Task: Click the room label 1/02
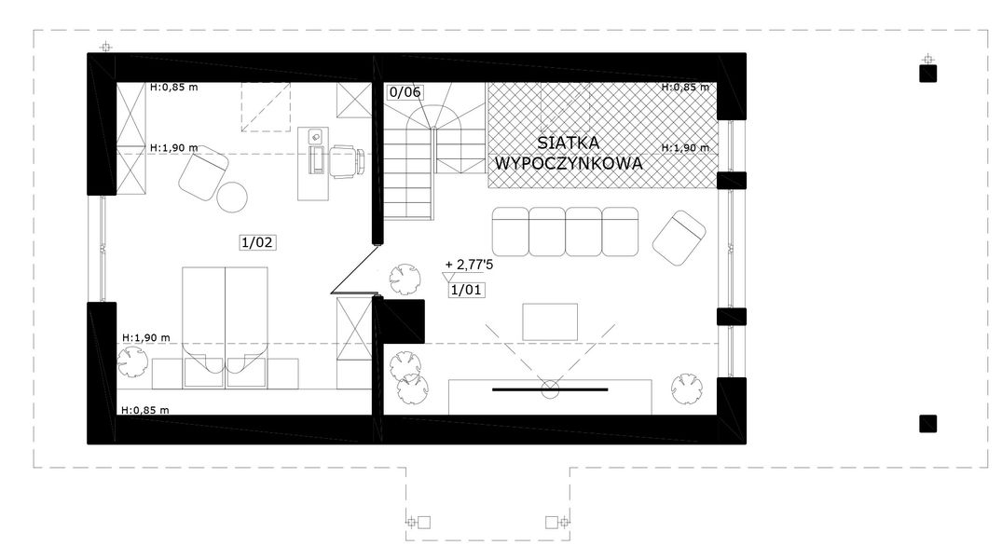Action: point(258,242)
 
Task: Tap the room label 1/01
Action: point(466,290)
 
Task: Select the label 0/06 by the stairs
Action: point(405,92)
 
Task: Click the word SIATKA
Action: point(568,142)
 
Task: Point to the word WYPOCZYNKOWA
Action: point(568,164)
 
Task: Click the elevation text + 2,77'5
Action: point(469,265)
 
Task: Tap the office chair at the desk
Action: point(347,160)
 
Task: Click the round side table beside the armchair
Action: point(231,197)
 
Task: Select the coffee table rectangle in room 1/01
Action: point(550,322)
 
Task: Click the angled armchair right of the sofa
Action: point(679,239)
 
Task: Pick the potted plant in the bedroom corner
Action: point(133,362)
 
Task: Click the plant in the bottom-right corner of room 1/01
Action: point(687,389)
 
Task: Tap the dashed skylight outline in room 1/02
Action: point(266,107)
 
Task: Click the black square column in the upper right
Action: point(927,74)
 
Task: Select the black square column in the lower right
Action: point(927,424)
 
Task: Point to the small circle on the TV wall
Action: point(550,389)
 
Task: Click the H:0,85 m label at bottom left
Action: point(145,410)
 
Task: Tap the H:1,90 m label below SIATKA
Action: point(685,147)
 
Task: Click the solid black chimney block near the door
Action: point(403,321)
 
